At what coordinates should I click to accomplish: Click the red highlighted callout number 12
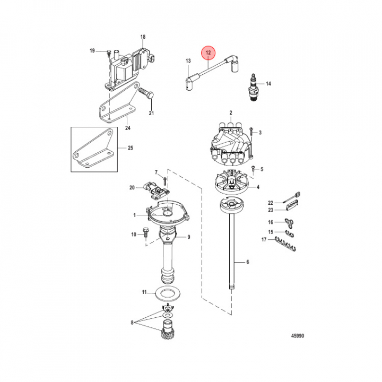208,53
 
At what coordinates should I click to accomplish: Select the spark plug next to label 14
253,87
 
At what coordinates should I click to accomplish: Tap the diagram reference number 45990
298,336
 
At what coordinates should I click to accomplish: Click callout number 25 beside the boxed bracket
131,148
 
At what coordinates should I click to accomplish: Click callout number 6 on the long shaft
248,262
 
